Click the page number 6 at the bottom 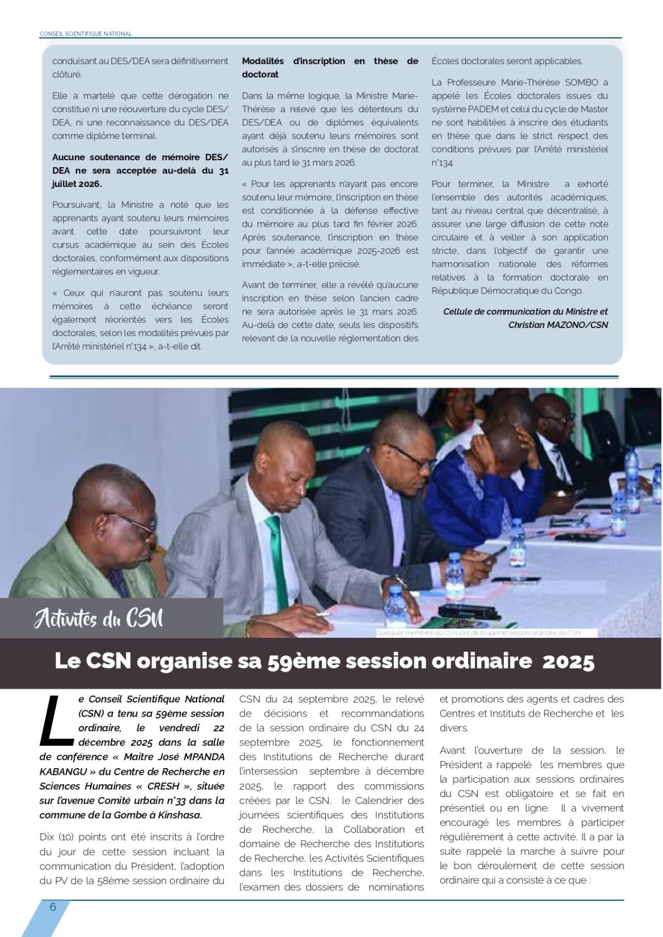(x=53, y=907)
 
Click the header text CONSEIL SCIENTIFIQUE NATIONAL (x=86, y=34)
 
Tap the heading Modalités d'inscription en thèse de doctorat (x=330, y=67)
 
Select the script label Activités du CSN (x=99, y=618)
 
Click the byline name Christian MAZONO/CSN (x=558, y=325)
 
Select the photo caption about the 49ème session (x=478, y=633)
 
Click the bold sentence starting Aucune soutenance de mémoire (x=141, y=171)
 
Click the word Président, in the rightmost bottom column (x=461, y=764)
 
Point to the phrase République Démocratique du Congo (x=507, y=291)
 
